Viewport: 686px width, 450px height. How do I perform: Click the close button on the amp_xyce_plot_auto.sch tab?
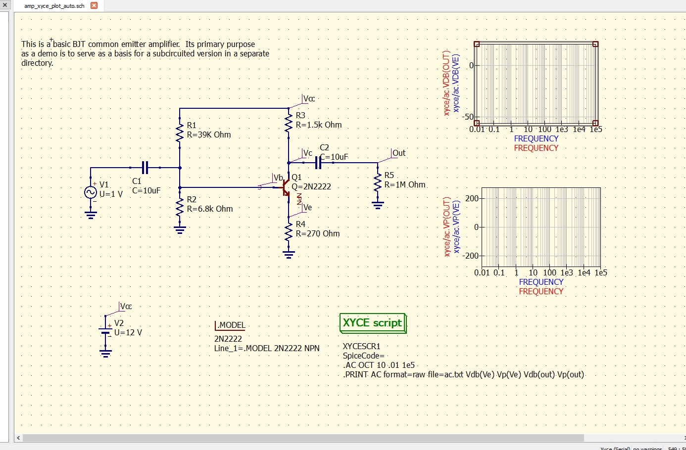click(x=94, y=5)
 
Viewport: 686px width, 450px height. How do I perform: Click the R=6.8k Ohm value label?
click(x=210, y=209)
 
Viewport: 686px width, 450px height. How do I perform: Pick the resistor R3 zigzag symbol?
click(x=289, y=123)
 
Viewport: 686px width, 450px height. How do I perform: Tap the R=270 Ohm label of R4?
click(x=318, y=234)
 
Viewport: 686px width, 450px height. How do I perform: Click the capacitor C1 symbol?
click(x=145, y=168)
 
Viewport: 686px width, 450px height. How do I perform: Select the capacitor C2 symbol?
click(x=318, y=163)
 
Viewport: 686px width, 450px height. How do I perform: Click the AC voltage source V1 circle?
click(x=91, y=192)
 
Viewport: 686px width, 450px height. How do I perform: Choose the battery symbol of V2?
click(x=105, y=332)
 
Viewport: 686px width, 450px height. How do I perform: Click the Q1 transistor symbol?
click(x=286, y=187)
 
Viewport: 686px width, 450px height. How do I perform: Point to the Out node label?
click(x=399, y=153)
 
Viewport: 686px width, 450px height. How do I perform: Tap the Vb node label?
click(x=278, y=178)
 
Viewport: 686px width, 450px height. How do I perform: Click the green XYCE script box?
click(x=373, y=323)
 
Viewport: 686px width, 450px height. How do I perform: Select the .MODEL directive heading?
click(x=231, y=325)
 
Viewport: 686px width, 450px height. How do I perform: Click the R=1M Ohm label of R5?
click(x=405, y=185)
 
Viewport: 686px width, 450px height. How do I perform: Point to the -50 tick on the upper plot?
click(x=467, y=117)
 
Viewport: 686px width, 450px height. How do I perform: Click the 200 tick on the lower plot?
click(x=472, y=198)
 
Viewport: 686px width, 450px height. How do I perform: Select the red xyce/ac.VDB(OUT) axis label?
click(x=446, y=83)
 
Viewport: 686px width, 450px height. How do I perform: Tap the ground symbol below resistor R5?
click(x=378, y=205)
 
